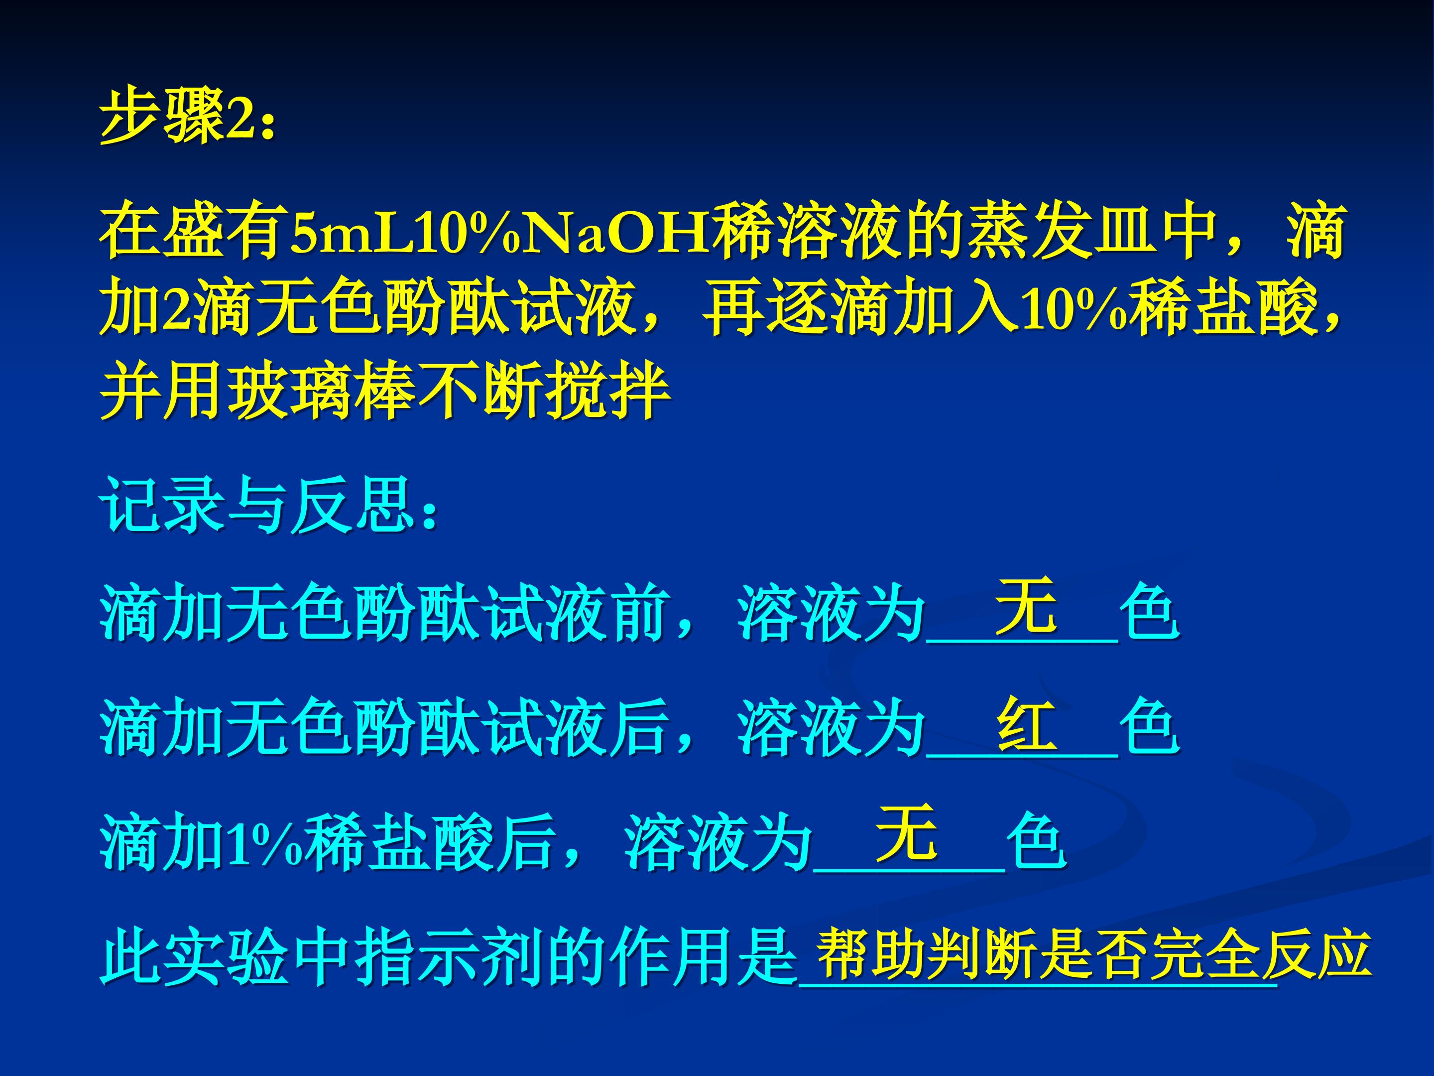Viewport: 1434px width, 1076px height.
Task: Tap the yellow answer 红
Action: click(x=1026, y=723)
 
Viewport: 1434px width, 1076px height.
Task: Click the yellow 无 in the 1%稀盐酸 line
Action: click(x=906, y=833)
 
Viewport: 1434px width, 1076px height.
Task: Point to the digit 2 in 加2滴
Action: click(x=176, y=311)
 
